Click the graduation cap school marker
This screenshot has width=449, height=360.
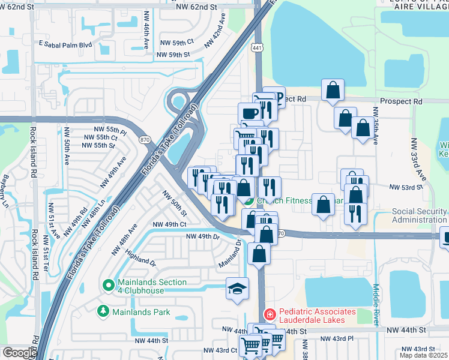pyautogui.click(x=237, y=289)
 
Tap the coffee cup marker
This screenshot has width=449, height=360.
pyautogui.click(x=249, y=113)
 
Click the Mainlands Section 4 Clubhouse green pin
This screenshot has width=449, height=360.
pyautogui.click(x=108, y=286)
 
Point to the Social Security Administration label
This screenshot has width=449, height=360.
pyautogui.click(x=419, y=215)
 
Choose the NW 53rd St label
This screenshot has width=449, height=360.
pyautogui.click(x=406, y=188)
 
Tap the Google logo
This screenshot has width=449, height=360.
pyautogui.click(x=19, y=353)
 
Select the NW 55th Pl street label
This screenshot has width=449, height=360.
pyautogui.click(x=110, y=130)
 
